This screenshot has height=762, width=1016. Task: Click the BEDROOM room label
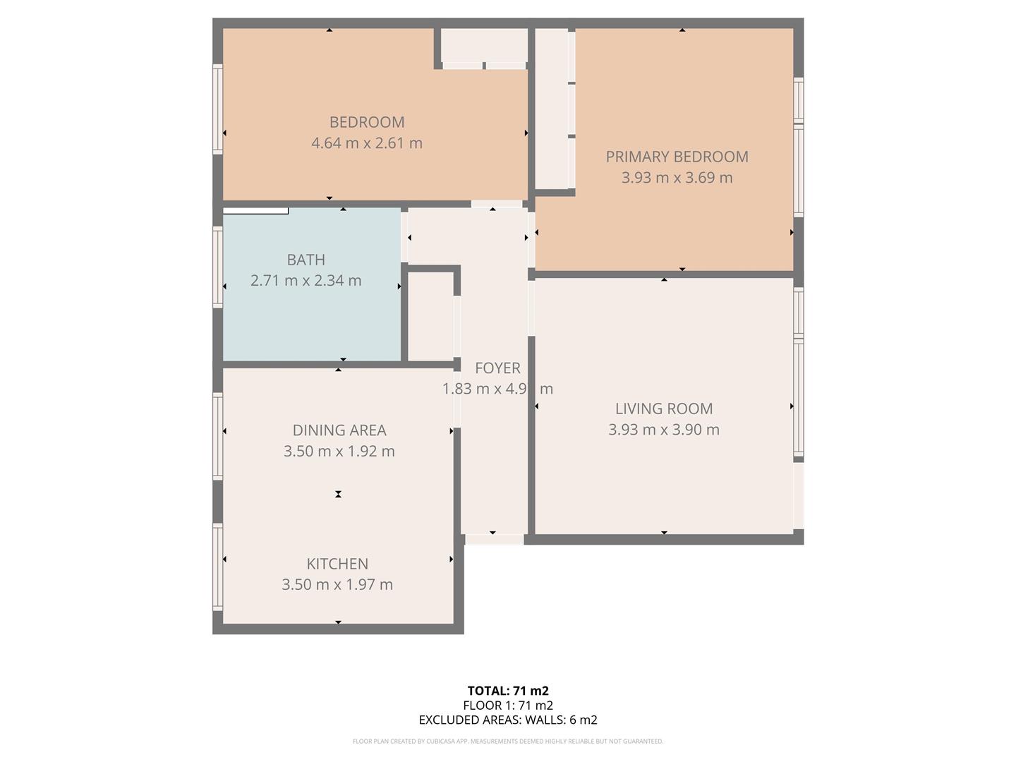[367, 122]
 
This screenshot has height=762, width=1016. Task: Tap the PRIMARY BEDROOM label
[677, 157]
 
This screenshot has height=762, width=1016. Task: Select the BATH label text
[306, 260]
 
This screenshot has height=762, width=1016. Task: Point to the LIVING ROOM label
[664, 409]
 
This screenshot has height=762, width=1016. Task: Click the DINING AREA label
[339, 430]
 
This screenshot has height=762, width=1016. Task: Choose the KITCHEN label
[337, 564]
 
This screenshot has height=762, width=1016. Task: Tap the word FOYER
[497, 368]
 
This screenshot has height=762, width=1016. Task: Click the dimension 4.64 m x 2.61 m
[367, 143]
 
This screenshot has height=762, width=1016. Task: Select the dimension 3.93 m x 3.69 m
[677, 178]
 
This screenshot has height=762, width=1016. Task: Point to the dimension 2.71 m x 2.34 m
[306, 281]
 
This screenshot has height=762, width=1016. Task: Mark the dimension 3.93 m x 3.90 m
[664, 430]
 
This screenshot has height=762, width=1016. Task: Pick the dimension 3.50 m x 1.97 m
[337, 585]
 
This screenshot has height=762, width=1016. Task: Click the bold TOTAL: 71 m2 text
[508, 691]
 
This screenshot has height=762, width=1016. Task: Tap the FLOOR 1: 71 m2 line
[508, 706]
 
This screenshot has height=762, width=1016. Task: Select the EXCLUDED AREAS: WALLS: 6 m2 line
[508, 720]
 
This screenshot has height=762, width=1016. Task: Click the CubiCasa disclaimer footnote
[508, 742]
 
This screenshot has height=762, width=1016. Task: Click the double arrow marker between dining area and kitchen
[338, 495]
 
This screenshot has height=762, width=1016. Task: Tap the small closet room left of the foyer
[430, 316]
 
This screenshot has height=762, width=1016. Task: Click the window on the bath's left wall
[218, 267]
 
